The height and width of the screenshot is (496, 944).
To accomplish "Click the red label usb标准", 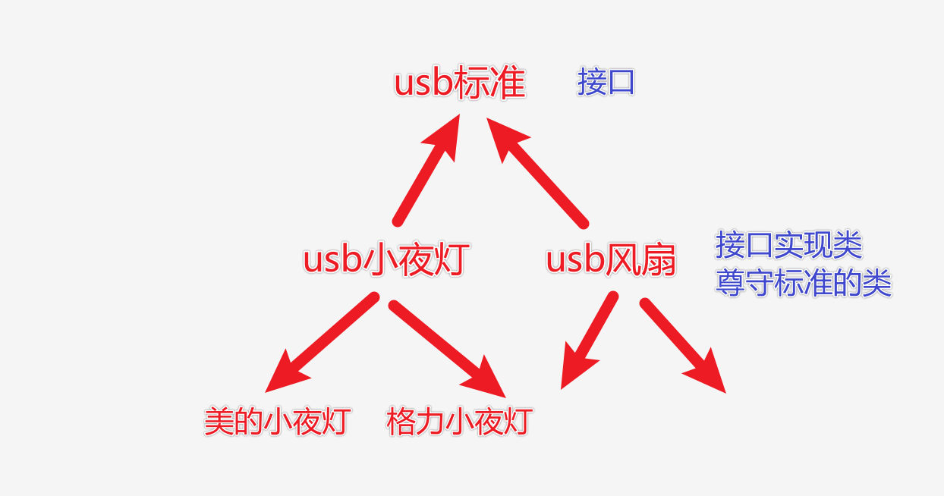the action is point(460,83).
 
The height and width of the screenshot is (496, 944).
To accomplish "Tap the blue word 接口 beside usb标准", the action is point(606,82).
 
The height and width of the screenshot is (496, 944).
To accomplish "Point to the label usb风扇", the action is point(611,259).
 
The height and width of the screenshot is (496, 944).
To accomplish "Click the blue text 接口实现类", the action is point(789,245).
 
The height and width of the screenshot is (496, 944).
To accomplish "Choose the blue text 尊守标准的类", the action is point(804,283).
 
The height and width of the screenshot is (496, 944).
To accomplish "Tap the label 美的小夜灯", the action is point(277,422).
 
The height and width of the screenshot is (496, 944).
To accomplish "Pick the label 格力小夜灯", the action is point(459,422).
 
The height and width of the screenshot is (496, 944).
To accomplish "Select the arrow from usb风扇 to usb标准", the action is point(537,173).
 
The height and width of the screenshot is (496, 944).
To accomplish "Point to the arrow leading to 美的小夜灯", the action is point(322,342).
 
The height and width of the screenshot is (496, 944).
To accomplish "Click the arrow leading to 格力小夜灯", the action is point(447,349).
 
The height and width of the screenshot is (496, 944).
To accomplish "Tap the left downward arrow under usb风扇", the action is point(589,340).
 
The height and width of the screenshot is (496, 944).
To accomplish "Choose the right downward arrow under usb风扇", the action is point(683,346).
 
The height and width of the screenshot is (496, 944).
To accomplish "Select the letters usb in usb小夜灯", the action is point(333,260).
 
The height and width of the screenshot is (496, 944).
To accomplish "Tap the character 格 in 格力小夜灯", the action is point(401,422).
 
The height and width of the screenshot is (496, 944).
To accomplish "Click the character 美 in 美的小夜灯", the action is point(219,422).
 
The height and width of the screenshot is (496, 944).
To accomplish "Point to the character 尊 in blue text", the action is point(730,283).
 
